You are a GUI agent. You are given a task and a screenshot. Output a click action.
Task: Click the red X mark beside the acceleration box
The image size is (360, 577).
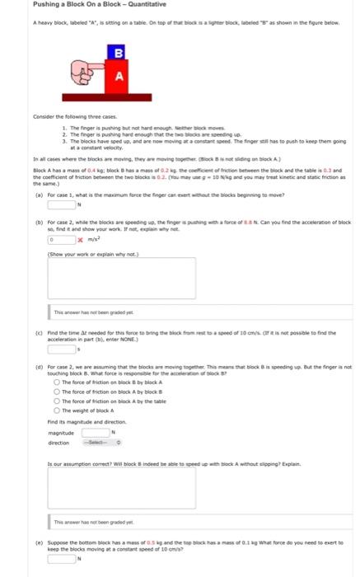point(82,239)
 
